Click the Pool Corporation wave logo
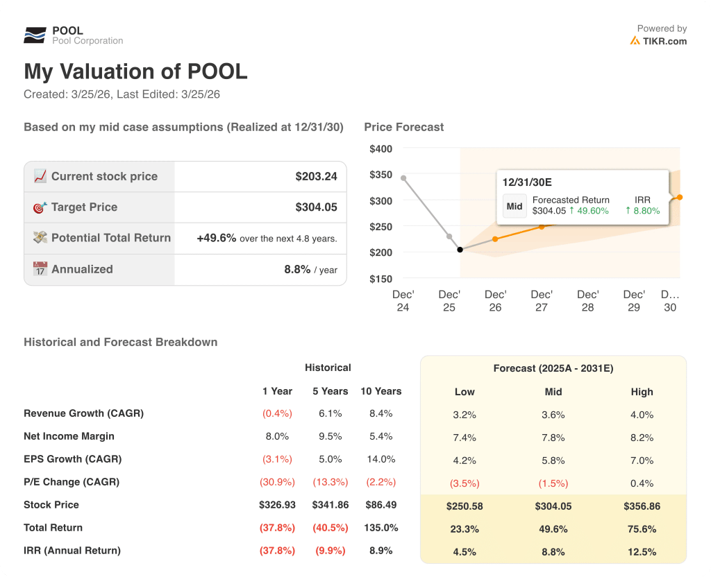[x=35, y=35]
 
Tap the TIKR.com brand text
[x=664, y=41]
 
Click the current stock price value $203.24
[x=316, y=176]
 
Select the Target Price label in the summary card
[x=84, y=207]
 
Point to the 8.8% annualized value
[x=297, y=269]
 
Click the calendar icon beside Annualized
[x=40, y=269]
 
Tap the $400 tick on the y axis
[x=380, y=148]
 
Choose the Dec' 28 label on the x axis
[x=587, y=301]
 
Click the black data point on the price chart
[x=460, y=250]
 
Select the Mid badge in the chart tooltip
[x=515, y=206]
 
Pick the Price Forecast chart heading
[x=403, y=127]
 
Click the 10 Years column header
[x=380, y=391]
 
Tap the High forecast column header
[x=642, y=392]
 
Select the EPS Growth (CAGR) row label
[x=72, y=459]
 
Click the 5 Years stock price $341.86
[x=330, y=505]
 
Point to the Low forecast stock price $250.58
[x=465, y=506]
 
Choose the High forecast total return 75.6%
[x=642, y=529]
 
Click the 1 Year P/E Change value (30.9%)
[x=277, y=482]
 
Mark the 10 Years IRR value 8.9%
[x=380, y=551]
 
